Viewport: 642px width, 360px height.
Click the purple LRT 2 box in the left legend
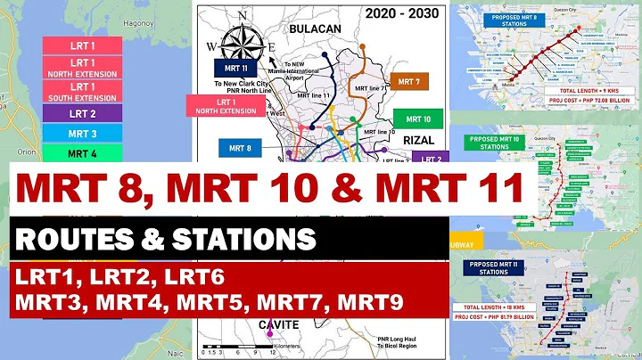pos(82,114)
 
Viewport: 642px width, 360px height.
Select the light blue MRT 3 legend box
pos(82,134)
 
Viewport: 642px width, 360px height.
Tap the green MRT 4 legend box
pos(82,152)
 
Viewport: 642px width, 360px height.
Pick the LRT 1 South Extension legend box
pos(82,91)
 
